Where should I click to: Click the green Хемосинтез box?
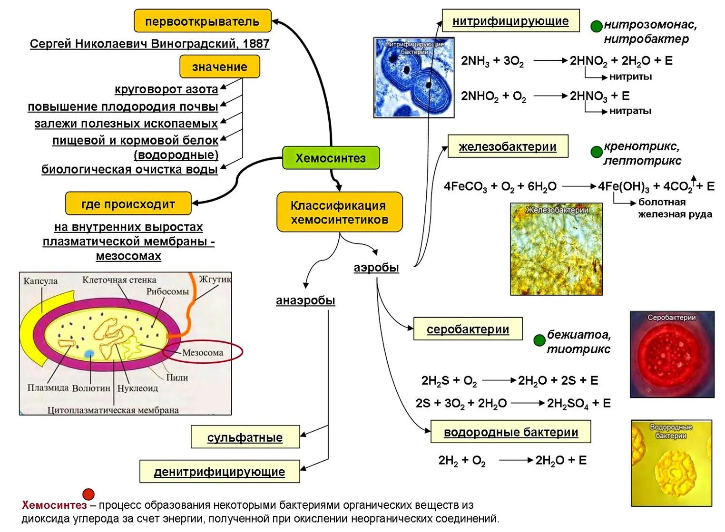tap(331, 158)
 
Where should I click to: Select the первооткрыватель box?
tap(202, 21)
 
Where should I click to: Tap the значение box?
tap(219, 67)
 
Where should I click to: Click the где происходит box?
tap(128, 204)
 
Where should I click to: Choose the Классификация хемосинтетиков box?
tap(339, 213)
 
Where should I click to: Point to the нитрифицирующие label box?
tap(510, 21)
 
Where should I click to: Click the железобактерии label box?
tap(508, 146)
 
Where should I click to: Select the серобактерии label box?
tap(468, 329)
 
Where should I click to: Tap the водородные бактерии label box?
tap(510, 432)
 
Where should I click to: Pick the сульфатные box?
tap(245, 437)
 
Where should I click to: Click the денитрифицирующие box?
tap(219, 472)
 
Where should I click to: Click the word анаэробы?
tap(305, 300)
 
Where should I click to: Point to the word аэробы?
tap(376, 268)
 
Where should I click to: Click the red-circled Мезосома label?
tap(203, 352)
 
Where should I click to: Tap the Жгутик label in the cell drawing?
tap(215, 279)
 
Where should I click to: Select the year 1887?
tap(256, 44)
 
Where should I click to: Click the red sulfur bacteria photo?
tap(672, 355)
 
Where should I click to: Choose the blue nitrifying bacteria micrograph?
tap(414, 77)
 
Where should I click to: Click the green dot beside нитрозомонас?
tap(596, 26)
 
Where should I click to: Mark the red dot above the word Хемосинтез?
tap(88, 494)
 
